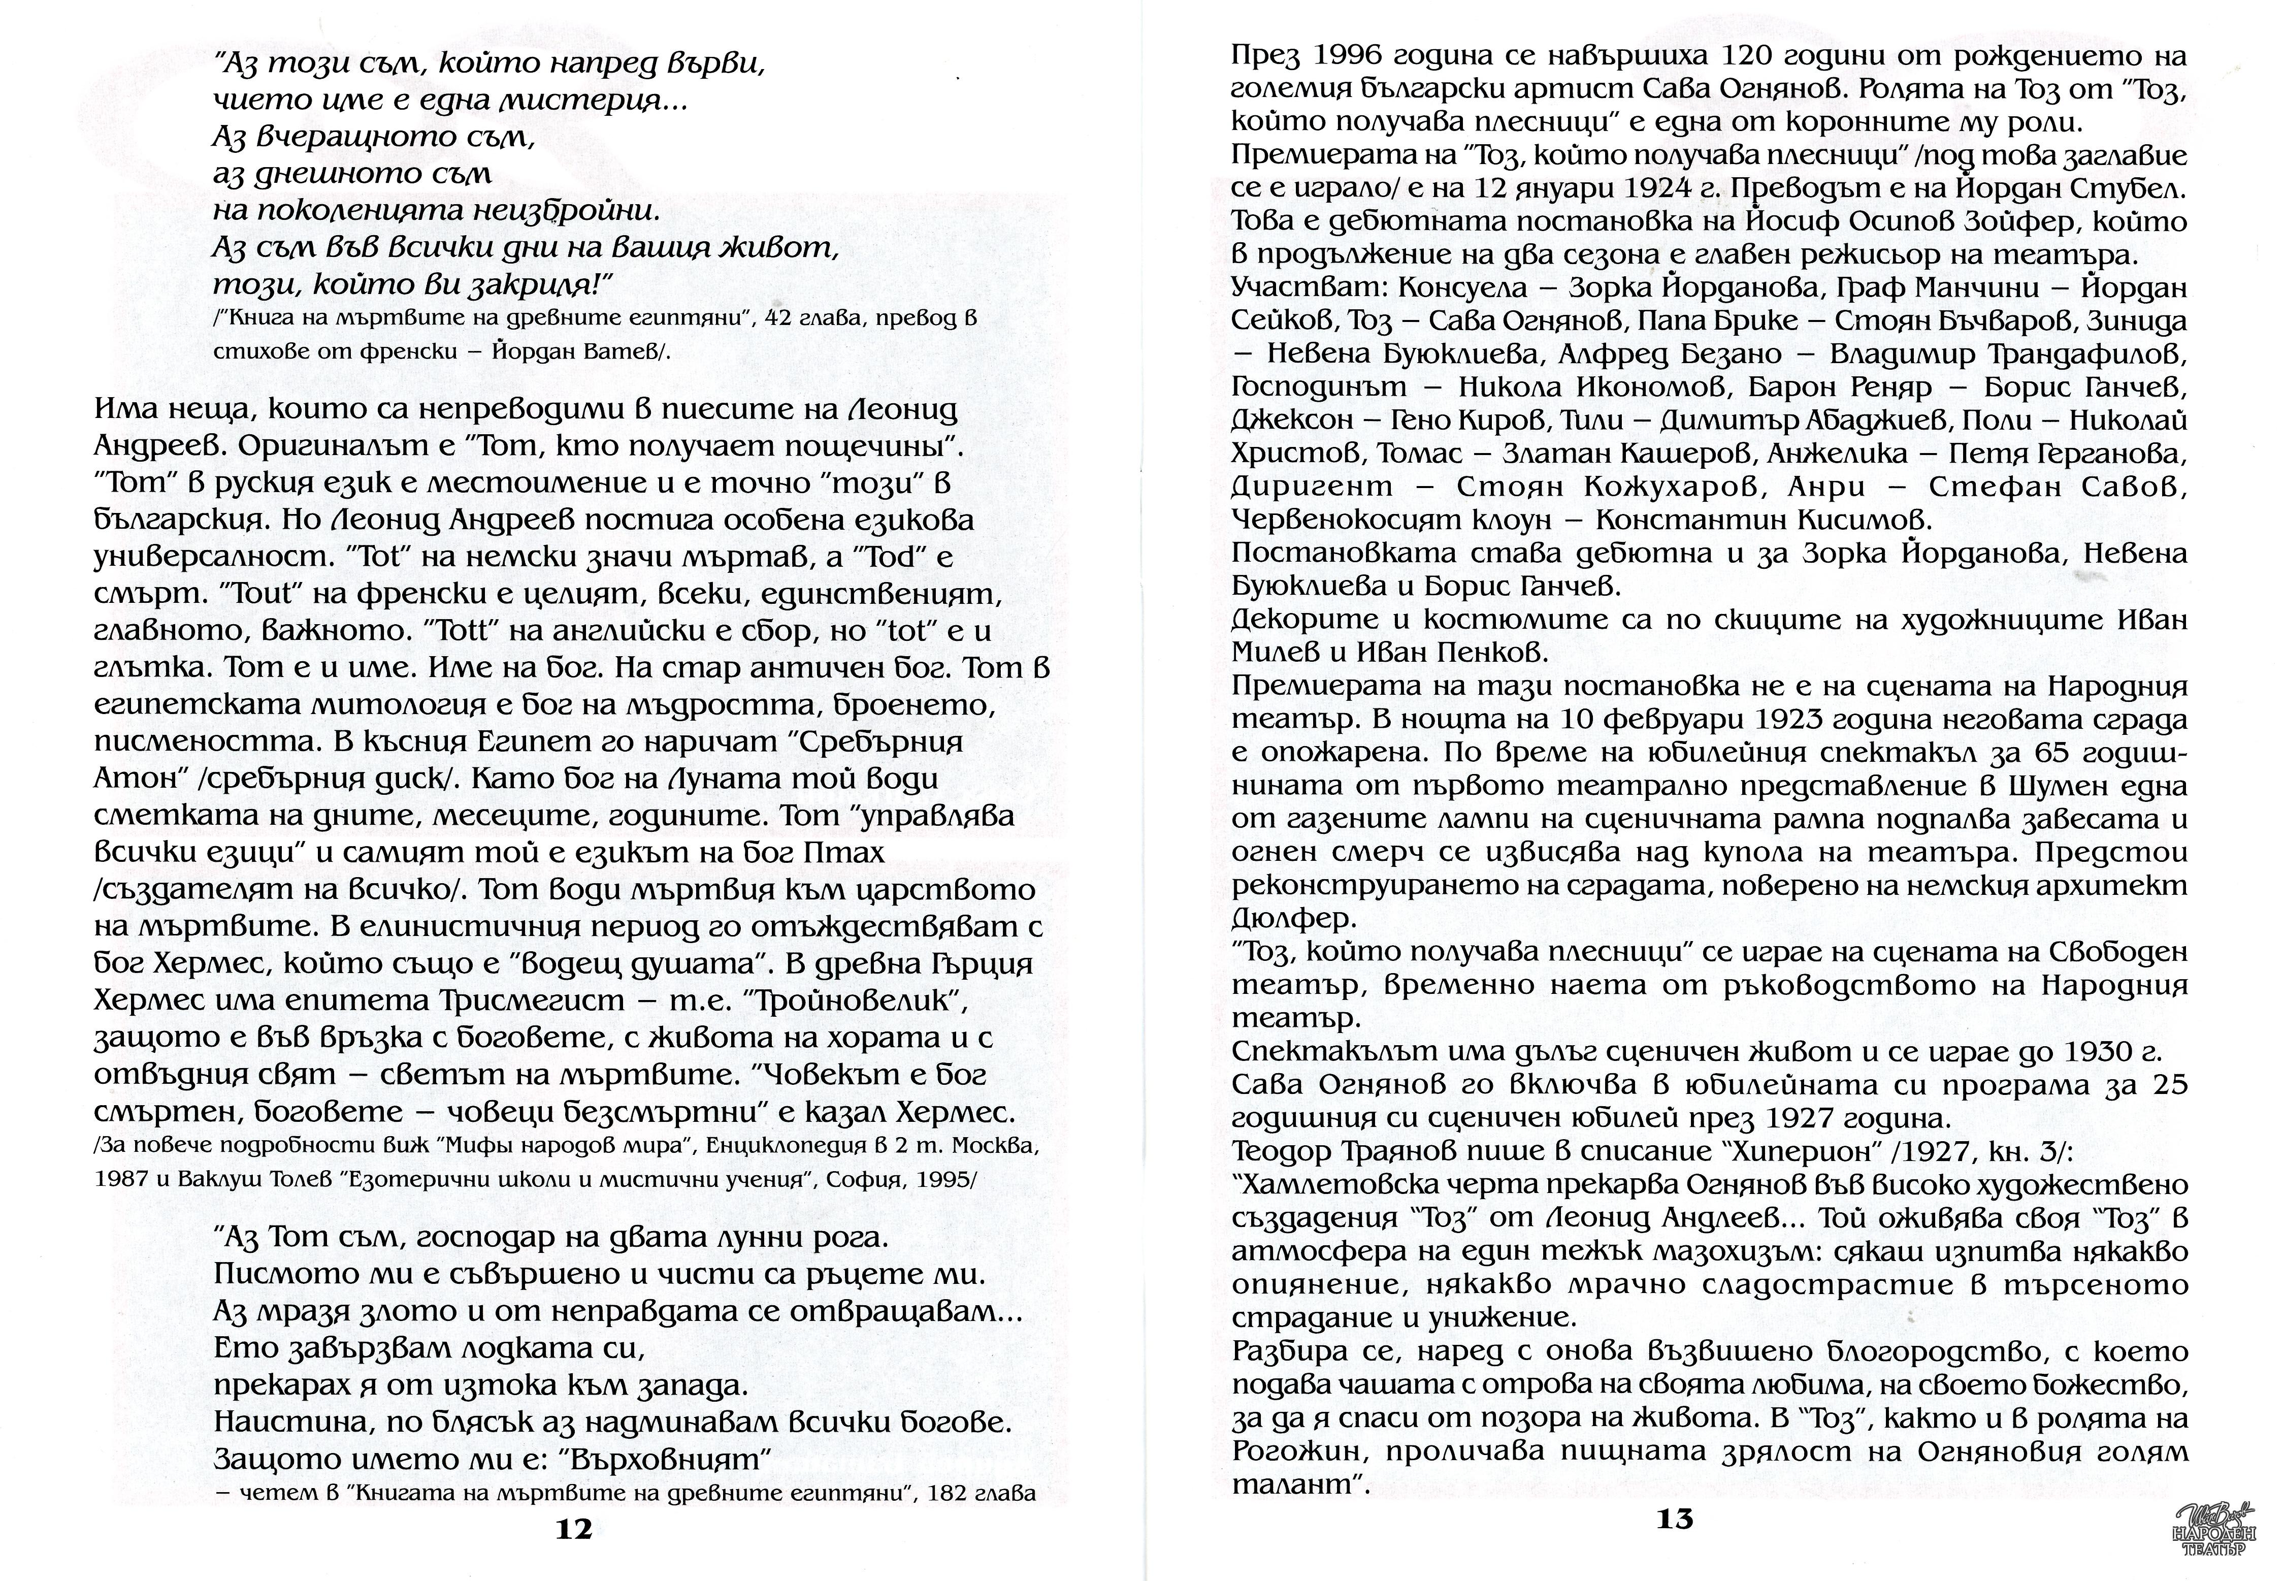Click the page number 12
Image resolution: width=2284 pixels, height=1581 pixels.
pos(574,1529)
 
